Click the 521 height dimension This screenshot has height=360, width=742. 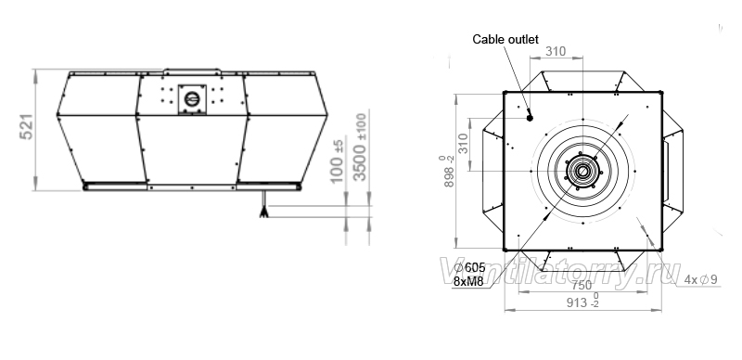pos(28,126)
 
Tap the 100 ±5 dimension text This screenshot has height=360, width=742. pos(337,161)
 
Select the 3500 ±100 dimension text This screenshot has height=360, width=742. pos(360,147)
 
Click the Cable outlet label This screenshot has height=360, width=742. pos(505,39)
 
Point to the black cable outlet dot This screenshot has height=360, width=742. pos(530,118)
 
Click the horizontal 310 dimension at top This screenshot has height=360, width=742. pos(556,51)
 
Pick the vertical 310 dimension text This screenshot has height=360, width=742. pos(462,143)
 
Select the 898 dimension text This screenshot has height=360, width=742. pos(449,171)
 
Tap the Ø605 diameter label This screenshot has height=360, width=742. pos(470,267)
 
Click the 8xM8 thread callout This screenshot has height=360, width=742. pos(468,281)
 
